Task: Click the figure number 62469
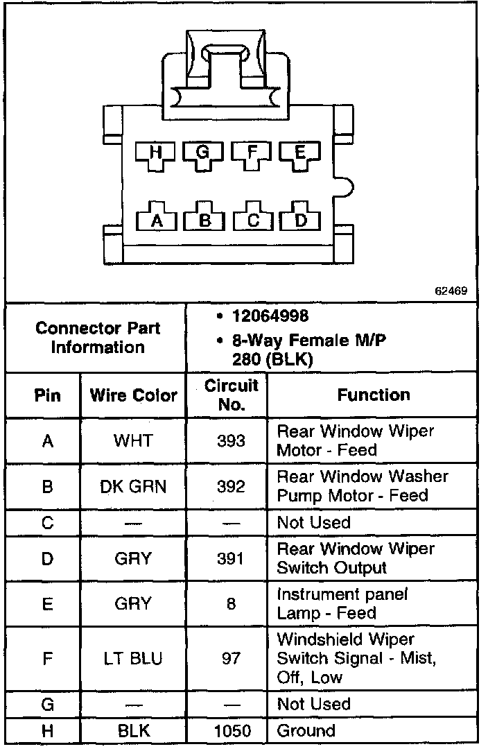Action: [x=451, y=291]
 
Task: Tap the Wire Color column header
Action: [x=133, y=395]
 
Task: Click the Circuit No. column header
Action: [x=232, y=395]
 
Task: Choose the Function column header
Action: [x=374, y=395]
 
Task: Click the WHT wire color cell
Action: [x=133, y=440]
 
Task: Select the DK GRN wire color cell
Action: [x=133, y=486]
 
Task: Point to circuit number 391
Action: [x=231, y=558]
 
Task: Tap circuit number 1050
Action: [x=231, y=730]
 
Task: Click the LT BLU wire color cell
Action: [x=133, y=657]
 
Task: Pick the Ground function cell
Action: [x=306, y=730]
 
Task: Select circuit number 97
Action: [x=231, y=657]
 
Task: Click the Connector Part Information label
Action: [x=98, y=337]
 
